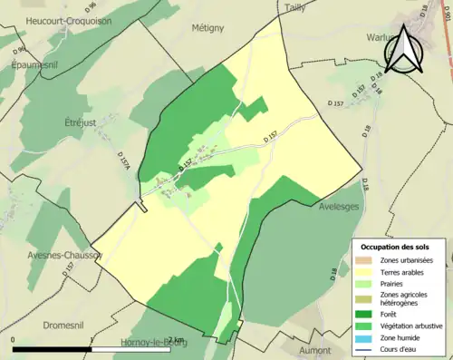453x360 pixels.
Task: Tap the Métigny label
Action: click(207, 28)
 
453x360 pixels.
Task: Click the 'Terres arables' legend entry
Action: click(403, 272)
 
